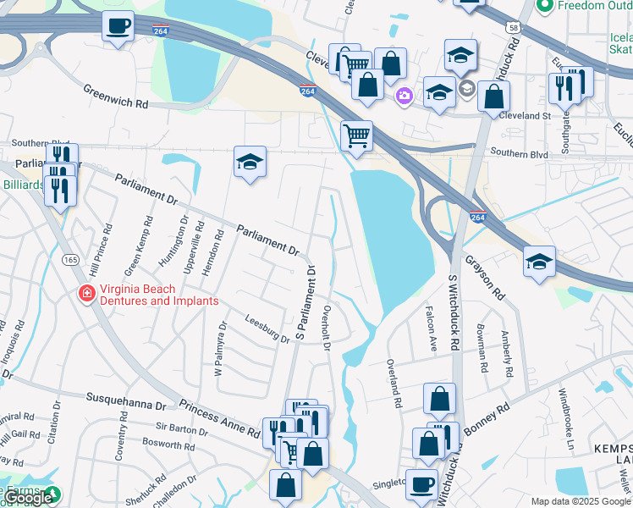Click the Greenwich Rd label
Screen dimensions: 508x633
(115, 96)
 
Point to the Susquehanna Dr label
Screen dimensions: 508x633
(126, 401)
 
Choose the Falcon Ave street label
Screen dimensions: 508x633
(432, 329)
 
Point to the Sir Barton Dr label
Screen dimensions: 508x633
(182, 429)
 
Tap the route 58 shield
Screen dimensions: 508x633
(514, 27)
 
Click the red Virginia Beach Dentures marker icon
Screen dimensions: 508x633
(86, 294)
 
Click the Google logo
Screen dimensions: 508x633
(30, 498)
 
